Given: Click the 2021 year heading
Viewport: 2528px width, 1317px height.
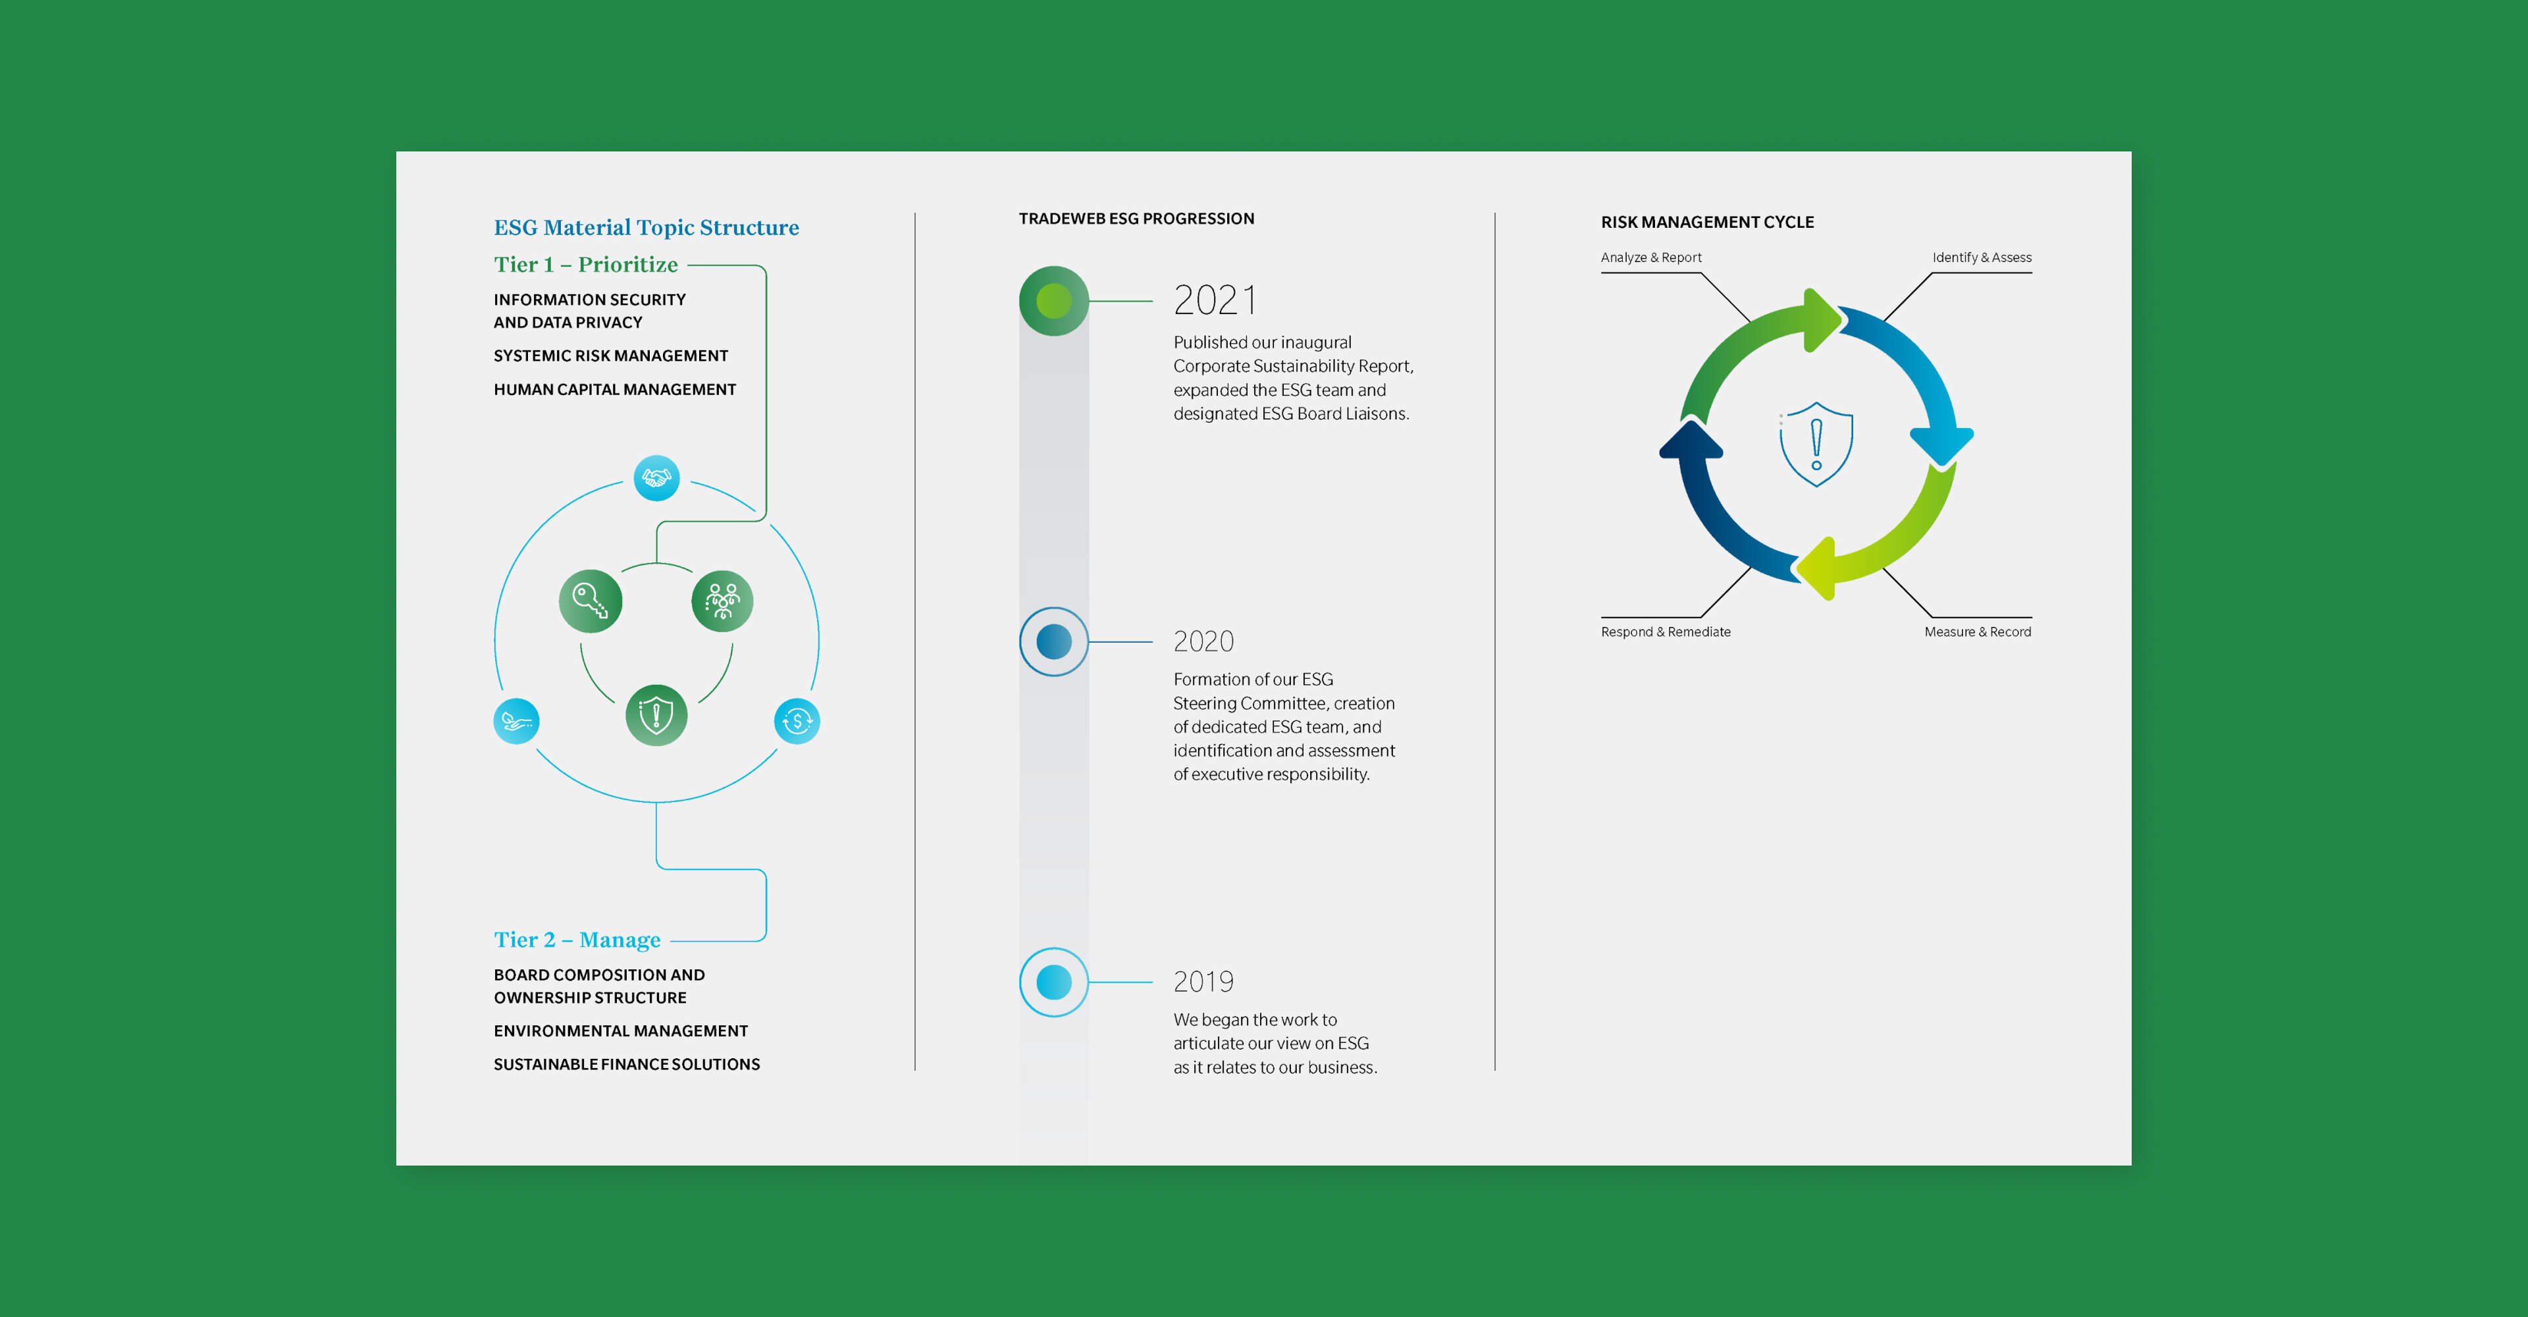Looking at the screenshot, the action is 1215,300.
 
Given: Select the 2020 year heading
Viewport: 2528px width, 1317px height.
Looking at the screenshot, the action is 1203,642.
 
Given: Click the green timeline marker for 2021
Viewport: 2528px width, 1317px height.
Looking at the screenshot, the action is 1054,302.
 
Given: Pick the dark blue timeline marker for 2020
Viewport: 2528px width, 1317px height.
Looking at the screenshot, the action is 1054,642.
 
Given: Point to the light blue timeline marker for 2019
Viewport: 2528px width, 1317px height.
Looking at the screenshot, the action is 1054,982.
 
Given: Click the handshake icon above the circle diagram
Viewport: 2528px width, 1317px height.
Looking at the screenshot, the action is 656,478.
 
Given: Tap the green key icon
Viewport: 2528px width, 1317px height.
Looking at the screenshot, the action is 591,601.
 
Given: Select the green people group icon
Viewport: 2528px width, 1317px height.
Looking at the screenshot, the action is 722,601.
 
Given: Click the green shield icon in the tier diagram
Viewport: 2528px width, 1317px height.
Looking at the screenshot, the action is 656,715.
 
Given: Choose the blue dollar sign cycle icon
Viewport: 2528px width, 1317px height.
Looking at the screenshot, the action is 797,721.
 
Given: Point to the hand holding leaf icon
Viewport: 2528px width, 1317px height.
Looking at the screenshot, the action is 516,721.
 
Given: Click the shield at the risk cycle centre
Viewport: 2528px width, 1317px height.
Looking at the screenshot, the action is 1816,444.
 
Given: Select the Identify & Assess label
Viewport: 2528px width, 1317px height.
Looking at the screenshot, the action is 1982,257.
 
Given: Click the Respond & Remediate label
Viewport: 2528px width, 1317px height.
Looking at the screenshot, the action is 1666,632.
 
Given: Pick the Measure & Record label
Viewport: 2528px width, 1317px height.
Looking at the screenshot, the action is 1978,632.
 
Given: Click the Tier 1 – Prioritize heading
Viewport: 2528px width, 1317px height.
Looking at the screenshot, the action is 586,264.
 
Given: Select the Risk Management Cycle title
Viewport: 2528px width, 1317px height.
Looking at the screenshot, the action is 1708,222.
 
